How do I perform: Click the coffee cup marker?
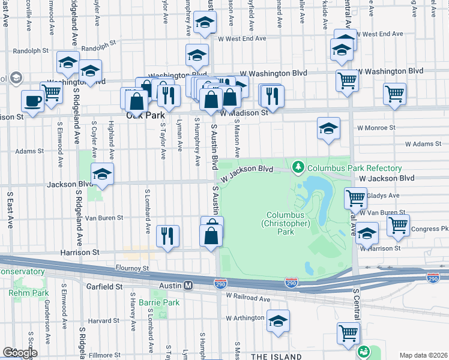pos(32,101)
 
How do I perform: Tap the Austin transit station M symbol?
pos(188,286)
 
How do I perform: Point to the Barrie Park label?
pos(159,302)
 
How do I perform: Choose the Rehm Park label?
pos(28,293)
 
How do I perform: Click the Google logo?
pos(19,353)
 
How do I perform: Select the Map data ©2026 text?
pos(423,355)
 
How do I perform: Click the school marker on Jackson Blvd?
pos(103,174)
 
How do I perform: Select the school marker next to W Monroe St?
pos(328,128)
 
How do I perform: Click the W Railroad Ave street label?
pos(249,297)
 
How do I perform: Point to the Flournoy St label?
pos(132,268)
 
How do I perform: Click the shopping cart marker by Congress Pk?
pos(398,226)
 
